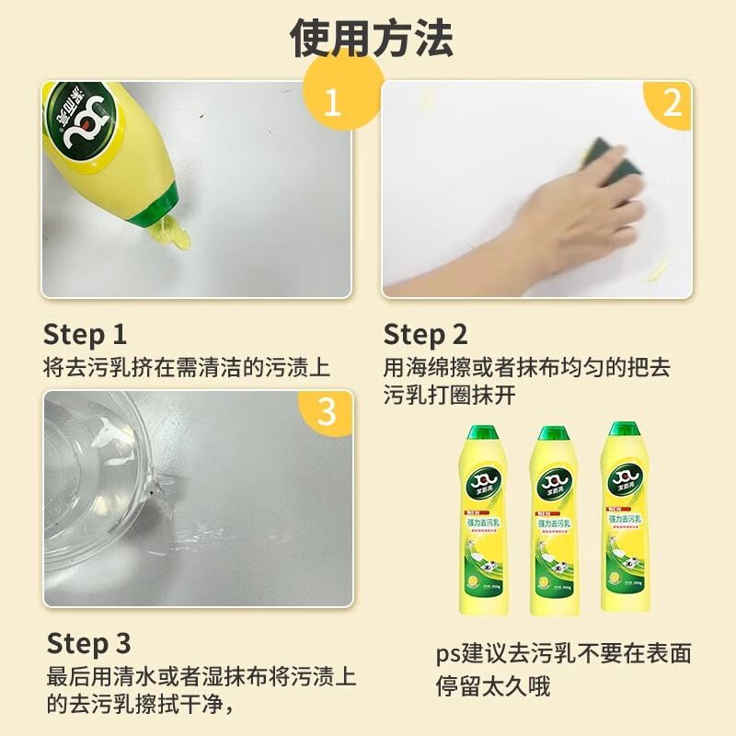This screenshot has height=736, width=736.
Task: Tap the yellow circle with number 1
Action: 332,100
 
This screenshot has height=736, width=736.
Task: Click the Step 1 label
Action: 86,334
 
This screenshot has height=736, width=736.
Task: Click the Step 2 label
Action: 425,334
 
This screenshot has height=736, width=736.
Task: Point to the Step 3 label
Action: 88,642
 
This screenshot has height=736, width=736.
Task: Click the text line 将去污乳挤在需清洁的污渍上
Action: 187,367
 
